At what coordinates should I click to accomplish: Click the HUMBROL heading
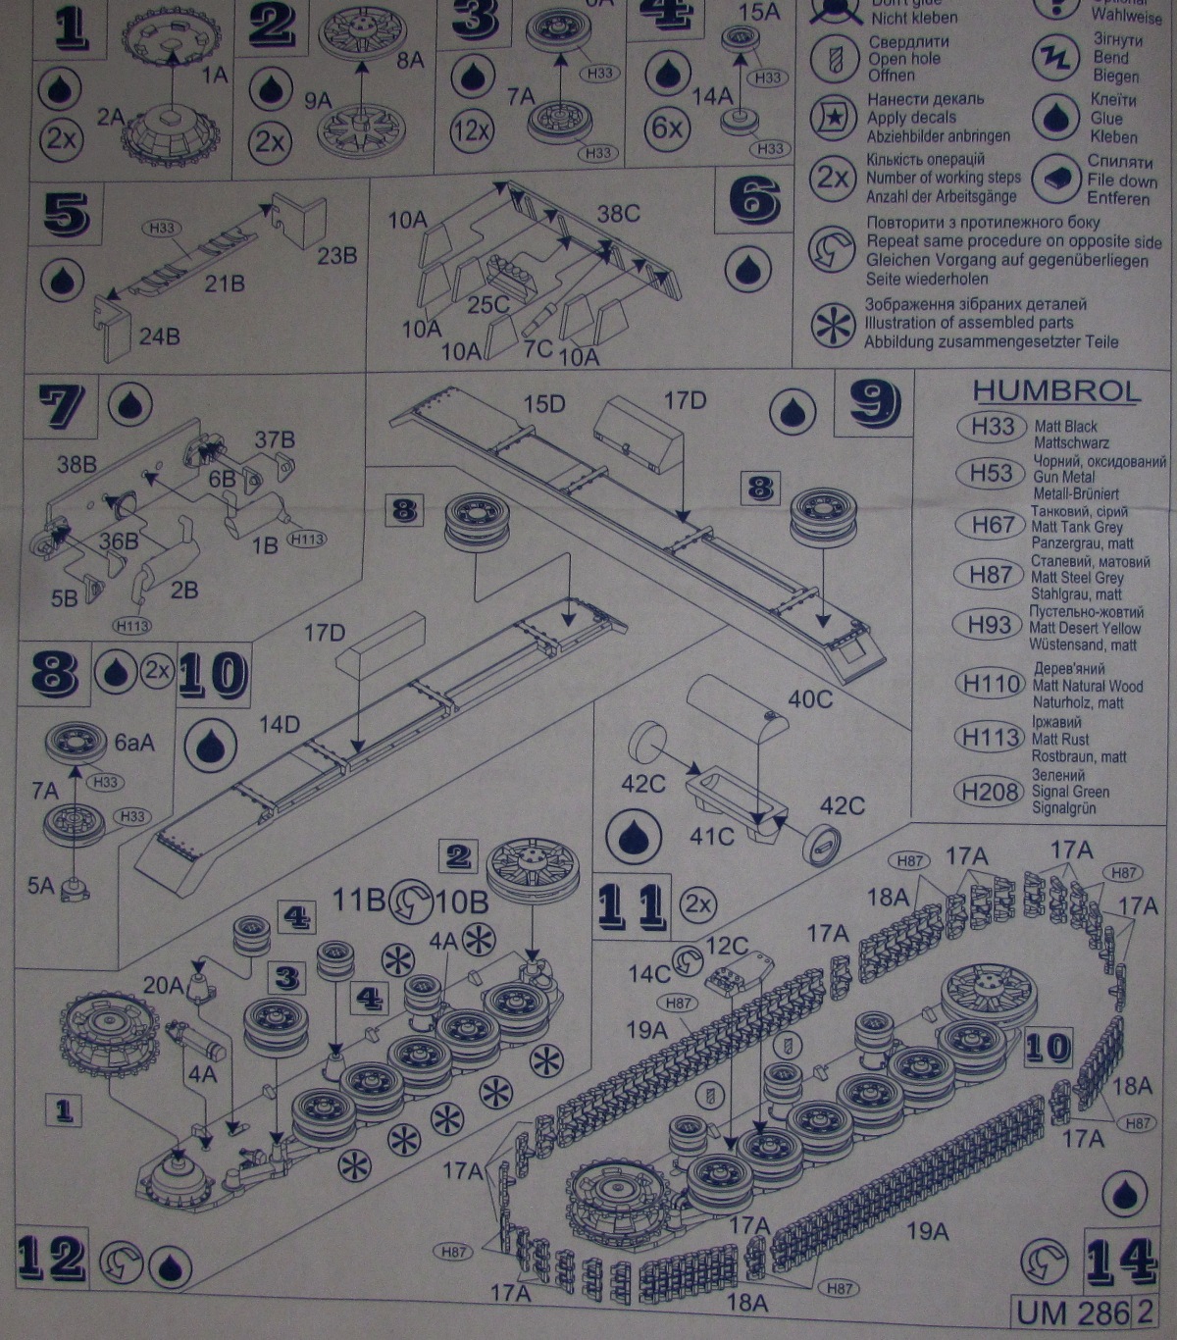[x=1056, y=390]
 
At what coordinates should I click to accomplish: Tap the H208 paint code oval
[x=991, y=792]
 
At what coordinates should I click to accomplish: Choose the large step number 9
[x=874, y=402]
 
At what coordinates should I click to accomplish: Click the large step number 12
[x=51, y=1259]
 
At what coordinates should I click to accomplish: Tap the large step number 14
[x=1120, y=1261]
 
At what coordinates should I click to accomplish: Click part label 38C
[x=618, y=214]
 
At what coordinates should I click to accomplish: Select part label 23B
[x=336, y=255]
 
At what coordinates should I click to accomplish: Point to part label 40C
[x=810, y=698]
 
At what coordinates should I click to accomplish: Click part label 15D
[x=544, y=403]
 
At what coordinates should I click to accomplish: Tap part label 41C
[x=711, y=836]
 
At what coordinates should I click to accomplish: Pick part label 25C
[x=487, y=305]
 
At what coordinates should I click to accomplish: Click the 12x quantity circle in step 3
[x=472, y=129]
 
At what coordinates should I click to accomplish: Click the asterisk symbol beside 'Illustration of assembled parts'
[x=833, y=325]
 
